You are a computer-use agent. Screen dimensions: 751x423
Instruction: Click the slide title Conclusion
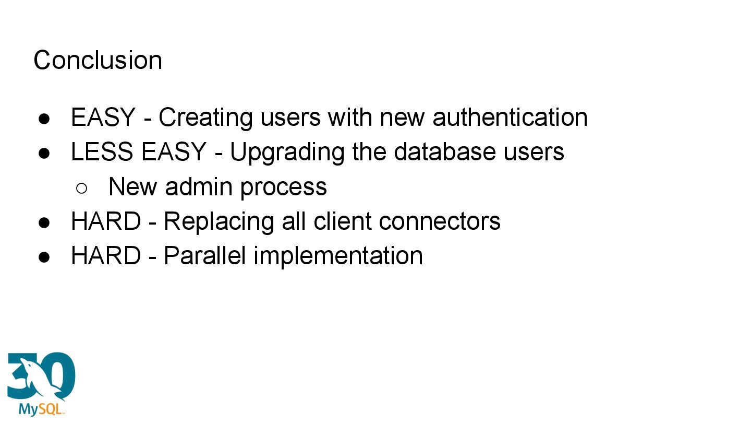[x=98, y=60]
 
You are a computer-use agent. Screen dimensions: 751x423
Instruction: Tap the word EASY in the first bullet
[x=103, y=117]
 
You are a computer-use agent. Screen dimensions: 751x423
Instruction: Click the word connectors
[x=440, y=221]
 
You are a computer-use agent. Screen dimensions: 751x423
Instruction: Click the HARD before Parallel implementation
[x=106, y=255]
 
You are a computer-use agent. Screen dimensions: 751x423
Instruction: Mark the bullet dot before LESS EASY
[x=44, y=153]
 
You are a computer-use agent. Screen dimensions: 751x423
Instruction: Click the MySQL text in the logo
[x=41, y=408]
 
